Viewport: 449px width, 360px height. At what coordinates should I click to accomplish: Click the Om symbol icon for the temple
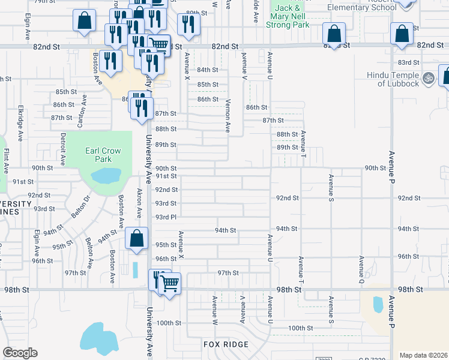pos(429,77)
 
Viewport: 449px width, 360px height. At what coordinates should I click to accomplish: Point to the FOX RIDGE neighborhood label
pos(226,344)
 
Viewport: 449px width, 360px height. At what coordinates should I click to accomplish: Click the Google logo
pos(20,353)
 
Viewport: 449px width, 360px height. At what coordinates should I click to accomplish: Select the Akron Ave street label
pos(139,205)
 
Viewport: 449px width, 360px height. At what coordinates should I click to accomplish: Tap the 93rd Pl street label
pos(165,217)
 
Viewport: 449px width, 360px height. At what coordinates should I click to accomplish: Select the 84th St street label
pos(208,70)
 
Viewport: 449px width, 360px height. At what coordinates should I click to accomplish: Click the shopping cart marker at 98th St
pos(170,283)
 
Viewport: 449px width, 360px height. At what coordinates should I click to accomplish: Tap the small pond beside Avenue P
pos(378,305)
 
